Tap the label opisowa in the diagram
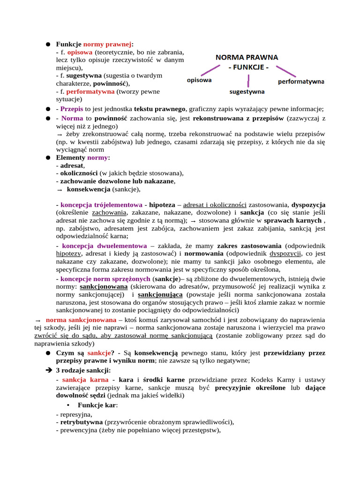coord(199,80)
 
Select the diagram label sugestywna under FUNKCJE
coord(247,91)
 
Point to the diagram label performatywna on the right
coord(301,82)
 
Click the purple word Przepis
coord(71,109)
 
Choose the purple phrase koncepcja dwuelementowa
coord(104,246)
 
